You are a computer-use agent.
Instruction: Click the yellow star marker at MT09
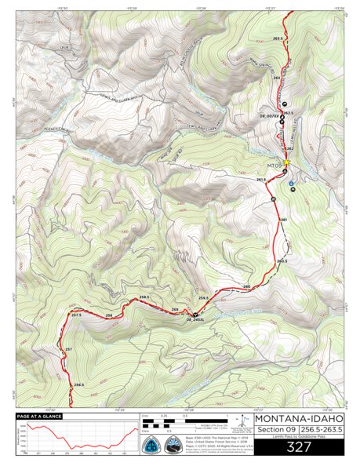tap(286, 163)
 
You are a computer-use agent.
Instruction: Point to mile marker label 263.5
tap(278, 38)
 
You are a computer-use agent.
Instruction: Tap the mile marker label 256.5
tap(78, 384)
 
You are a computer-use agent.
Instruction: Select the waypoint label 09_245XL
tap(195, 320)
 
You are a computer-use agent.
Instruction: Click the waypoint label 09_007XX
tap(269, 116)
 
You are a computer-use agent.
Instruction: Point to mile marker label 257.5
tap(76, 315)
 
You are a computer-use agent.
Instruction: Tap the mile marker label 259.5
tap(203, 299)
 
